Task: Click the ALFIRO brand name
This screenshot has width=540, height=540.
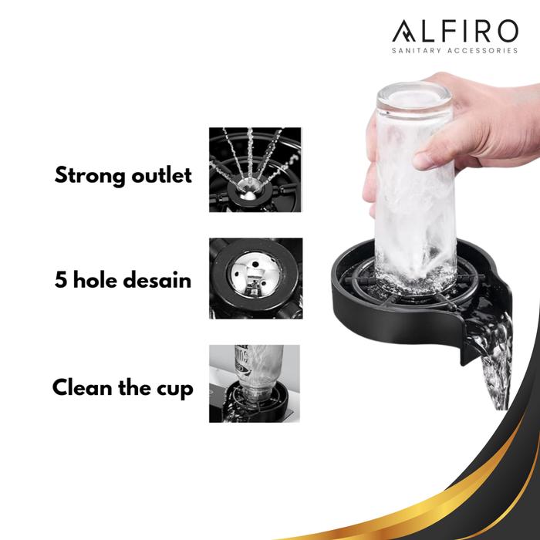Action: coord(455,31)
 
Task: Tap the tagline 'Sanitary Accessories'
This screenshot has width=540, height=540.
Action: coord(455,51)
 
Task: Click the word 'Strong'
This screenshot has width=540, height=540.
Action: coord(90,176)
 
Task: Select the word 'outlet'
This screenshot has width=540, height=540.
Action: coord(161,175)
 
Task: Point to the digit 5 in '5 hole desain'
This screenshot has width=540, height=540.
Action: coord(61,279)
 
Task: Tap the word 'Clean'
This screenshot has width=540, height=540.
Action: coord(83,387)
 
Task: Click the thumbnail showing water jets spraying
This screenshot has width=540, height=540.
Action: coord(255,170)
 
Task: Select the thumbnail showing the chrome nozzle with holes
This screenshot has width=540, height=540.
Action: coord(255,278)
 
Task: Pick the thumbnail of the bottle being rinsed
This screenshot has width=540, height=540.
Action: coord(254,383)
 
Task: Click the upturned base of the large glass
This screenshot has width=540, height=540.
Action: coord(414,97)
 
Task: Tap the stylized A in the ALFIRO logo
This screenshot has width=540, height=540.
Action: coord(404,32)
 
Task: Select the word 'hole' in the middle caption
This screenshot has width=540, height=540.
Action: coord(95,279)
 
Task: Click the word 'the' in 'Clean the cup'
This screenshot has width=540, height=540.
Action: coord(135,387)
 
